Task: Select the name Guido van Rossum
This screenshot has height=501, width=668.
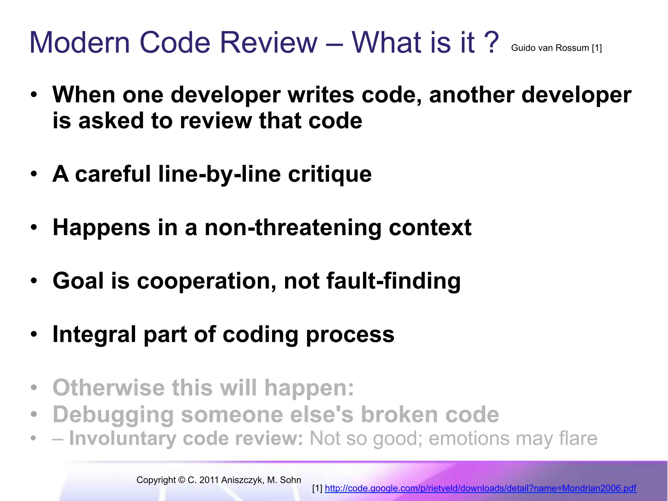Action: click(550, 48)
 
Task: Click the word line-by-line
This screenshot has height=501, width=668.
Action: click(219, 174)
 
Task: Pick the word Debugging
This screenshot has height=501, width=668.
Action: click(113, 415)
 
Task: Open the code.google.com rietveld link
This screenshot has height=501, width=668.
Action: click(480, 488)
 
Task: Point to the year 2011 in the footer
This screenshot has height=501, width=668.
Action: click(209, 480)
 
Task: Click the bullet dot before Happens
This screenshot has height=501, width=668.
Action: click(34, 227)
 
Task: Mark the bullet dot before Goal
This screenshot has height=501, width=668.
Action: click(34, 281)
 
